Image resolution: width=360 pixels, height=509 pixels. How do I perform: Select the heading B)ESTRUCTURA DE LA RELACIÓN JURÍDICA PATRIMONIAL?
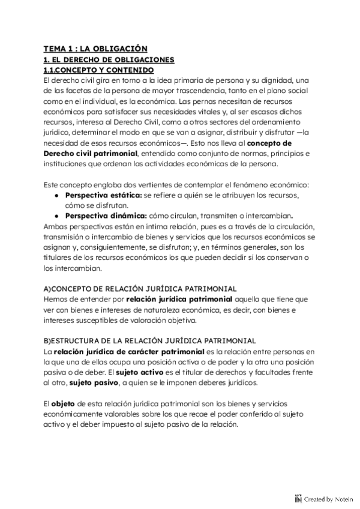tap(150, 340)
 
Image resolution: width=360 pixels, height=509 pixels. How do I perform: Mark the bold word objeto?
tap(64, 404)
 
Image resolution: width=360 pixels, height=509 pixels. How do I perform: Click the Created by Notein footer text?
tap(329, 498)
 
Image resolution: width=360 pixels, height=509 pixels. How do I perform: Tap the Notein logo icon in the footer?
tap(298, 498)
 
